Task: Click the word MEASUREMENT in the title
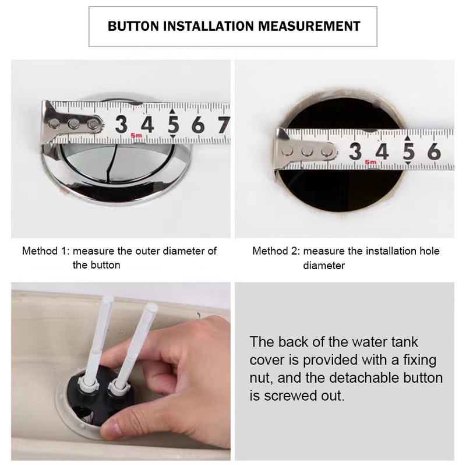[309, 26]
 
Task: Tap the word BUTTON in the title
[133, 26]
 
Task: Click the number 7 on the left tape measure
[224, 125]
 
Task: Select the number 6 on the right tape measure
[434, 151]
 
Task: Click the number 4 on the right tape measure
[382, 151]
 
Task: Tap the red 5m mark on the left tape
[136, 136]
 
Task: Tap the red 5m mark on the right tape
[370, 162]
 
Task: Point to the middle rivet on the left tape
[73, 123]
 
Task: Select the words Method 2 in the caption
[276, 251]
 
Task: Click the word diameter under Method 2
[324, 266]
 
